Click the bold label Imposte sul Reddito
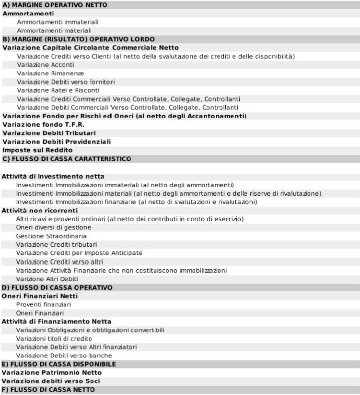point(33,150)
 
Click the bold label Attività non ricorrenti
point(40,210)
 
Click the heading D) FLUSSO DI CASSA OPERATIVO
point(58,287)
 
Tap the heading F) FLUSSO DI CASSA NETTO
point(49,389)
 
